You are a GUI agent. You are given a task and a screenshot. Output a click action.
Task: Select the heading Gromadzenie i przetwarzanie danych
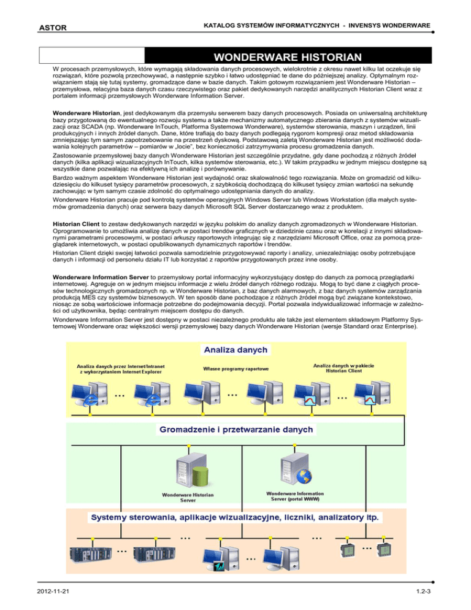(x=236, y=428)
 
